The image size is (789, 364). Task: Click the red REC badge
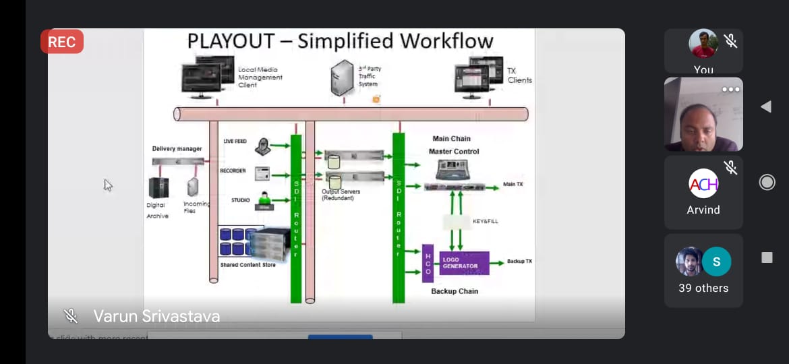[62, 42]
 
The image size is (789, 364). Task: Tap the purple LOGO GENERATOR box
[464, 262]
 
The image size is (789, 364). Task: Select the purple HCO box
[428, 264]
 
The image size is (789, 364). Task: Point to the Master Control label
[454, 152]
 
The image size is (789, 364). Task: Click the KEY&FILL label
[485, 221]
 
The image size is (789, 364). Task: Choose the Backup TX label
[519, 261]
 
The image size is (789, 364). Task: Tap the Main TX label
[513, 184]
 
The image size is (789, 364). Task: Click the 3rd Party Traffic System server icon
[343, 78]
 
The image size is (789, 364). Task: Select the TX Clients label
[519, 75]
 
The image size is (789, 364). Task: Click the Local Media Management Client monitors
[206, 80]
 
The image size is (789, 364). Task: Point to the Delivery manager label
[177, 149]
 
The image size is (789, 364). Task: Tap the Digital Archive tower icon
[159, 187]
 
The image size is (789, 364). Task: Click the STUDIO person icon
[263, 201]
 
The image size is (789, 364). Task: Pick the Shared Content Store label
[248, 265]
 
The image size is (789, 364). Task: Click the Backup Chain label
[455, 291]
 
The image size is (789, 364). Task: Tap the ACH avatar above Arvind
[703, 183]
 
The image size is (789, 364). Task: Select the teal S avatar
[716, 262]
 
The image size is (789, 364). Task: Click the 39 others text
[703, 288]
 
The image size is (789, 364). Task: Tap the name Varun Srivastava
[156, 316]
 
